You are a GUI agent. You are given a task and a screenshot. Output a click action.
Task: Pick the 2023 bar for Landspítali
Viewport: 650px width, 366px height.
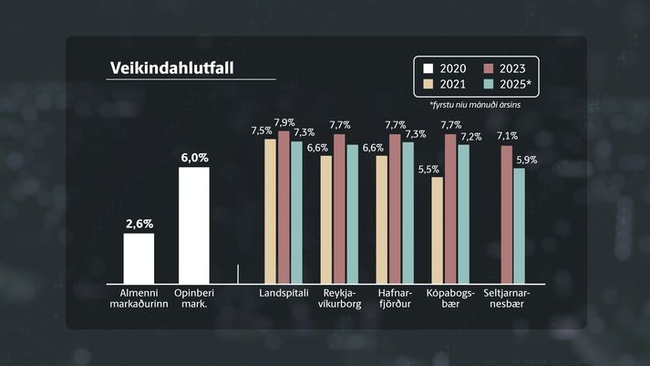coord(284,208)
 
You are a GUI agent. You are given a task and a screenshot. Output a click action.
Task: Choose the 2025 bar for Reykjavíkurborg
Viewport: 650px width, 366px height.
coord(353,214)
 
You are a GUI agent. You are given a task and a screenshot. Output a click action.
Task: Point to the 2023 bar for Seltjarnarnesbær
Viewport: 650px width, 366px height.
coord(506,214)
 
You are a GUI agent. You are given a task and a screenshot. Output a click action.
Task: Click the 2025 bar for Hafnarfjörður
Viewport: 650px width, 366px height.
coord(408,213)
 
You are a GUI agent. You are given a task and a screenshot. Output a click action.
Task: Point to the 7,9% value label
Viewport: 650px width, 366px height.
coord(284,122)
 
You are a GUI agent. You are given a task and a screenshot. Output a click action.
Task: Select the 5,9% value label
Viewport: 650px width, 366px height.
coord(527,160)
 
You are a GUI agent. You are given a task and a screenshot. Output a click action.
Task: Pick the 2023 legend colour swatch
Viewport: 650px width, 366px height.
coord(488,68)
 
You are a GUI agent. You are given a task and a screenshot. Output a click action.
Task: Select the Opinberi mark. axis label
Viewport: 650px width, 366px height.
coord(194,298)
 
